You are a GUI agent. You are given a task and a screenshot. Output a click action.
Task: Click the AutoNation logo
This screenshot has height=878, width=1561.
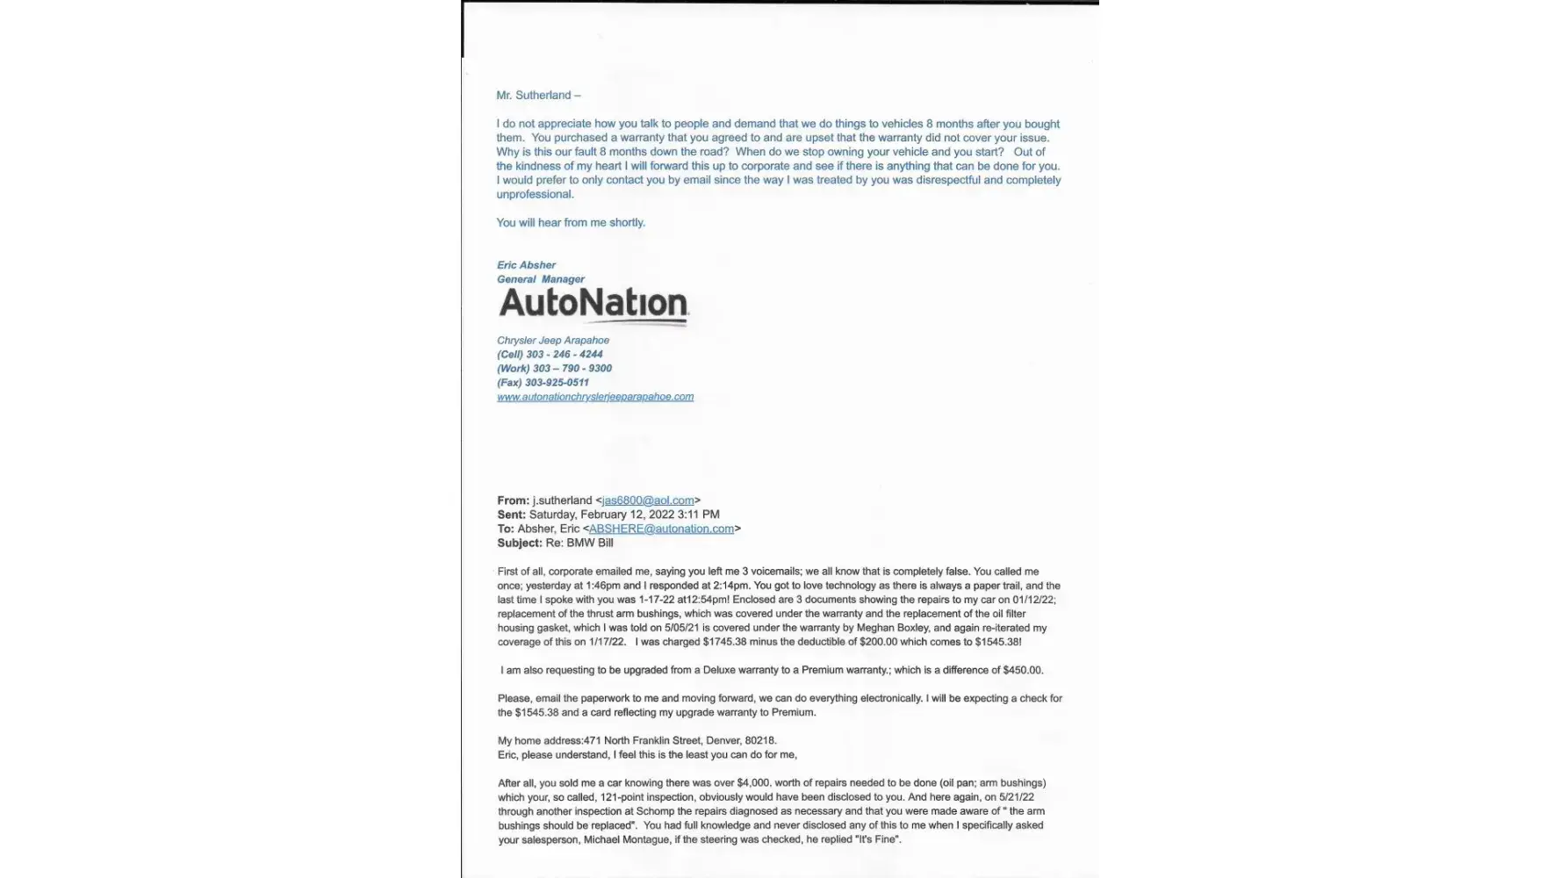tap(593, 304)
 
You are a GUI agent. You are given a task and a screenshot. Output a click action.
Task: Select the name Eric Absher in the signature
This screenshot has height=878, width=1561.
tap(526, 265)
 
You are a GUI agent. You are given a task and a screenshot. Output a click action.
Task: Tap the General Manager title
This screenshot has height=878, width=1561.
tap(541, 279)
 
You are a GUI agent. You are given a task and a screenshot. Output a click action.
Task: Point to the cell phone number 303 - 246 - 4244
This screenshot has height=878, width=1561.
tap(564, 355)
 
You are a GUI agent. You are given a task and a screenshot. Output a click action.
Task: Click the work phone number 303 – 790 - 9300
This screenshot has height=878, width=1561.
tap(572, 369)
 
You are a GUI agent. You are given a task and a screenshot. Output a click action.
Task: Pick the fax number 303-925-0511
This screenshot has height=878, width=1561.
tap(557, 383)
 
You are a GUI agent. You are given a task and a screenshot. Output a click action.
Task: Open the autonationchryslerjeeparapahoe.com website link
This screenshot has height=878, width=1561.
tap(595, 397)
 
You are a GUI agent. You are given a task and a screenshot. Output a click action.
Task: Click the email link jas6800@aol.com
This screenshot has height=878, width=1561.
tap(648, 500)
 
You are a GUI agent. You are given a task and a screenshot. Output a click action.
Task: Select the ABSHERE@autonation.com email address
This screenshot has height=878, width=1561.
tap(661, 529)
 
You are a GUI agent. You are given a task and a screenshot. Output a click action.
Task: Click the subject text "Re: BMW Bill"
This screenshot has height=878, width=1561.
tap(579, 543)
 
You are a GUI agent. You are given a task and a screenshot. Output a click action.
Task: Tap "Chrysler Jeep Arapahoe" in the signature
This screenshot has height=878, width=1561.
tap(553, 341)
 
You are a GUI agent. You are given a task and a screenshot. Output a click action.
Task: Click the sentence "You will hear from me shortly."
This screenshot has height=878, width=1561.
tap(571, 223)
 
